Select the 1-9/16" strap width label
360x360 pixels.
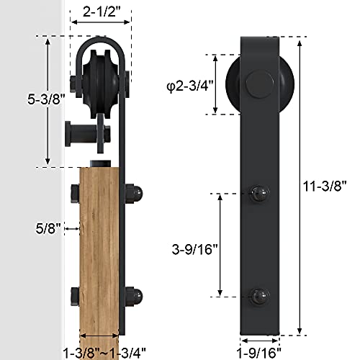pyautogui.click(x=259, y=351)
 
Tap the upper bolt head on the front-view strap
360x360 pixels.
pyautogui.click(x=259, y=193)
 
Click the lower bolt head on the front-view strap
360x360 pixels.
pyautogui.click(x=259, y=295)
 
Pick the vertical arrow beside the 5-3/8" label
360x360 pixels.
pyautogui.click(x=48, y=102)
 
